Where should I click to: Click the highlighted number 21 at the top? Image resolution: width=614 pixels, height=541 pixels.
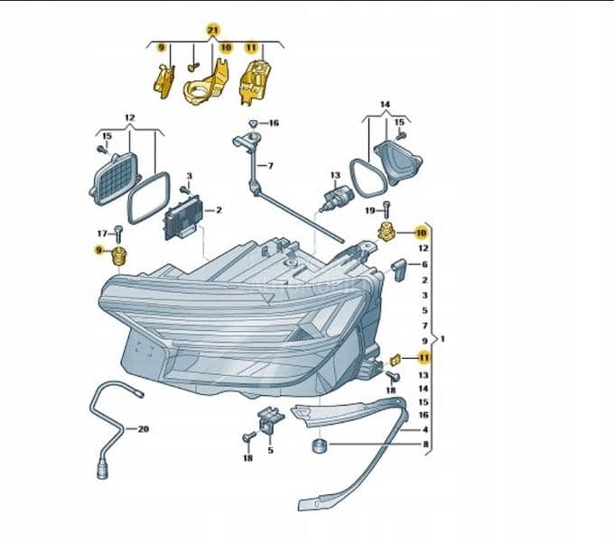tap(212, 30)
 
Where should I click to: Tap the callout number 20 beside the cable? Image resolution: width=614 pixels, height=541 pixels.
tap(144, 429)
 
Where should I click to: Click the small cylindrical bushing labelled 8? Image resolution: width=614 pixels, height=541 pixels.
tap(319, 446)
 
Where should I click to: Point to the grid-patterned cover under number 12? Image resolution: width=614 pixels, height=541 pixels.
tap(115, 179)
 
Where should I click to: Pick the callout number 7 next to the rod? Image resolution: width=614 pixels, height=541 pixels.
tap(270, 166)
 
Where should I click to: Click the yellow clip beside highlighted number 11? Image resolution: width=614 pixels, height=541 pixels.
tap(395, 359)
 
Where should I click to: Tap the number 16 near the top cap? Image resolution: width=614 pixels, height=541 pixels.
tap(274, 124)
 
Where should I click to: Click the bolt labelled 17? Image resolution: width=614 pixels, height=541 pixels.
tap(118, 234)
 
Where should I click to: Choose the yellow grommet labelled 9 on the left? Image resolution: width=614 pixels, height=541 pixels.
tap(118, 256)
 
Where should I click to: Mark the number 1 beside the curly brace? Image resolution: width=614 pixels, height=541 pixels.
tap(442, 338)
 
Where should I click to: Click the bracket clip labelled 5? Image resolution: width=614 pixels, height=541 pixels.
tap(271, 419)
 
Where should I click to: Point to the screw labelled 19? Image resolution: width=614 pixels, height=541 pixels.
tap(386, 211)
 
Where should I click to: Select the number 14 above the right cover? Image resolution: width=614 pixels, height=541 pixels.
tap(385, 105)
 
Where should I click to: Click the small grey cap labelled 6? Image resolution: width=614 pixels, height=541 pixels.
tap(399, 269)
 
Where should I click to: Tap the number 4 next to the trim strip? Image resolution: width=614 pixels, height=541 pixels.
tap(425, 429)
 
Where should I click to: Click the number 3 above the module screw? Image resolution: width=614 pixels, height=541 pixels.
tap(190, 176)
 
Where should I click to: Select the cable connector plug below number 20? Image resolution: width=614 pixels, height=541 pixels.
tap(102, 471)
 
